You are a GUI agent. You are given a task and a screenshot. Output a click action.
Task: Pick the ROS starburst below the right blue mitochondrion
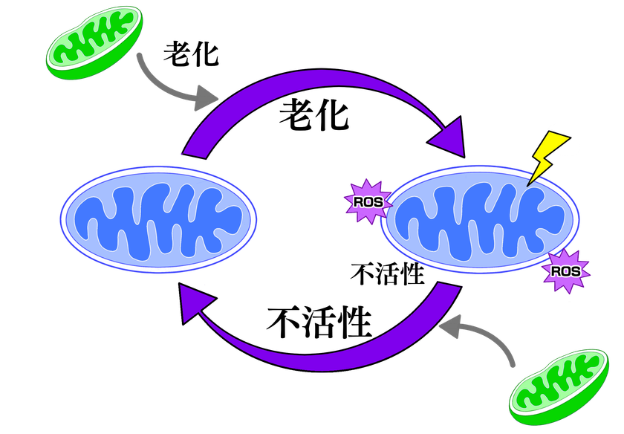pos(566,271)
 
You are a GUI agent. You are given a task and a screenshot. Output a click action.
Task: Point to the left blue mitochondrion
pos(158,220)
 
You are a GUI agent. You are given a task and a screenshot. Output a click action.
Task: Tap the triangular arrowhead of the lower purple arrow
pos(195,305)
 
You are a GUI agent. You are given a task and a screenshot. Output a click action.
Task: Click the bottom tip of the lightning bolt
pos(530,184)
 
